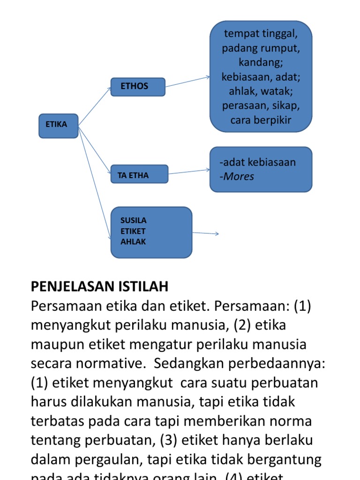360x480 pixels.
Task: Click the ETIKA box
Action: [58, 125]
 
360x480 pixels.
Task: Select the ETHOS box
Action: [138, 87]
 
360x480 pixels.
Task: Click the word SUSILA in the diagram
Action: [134, 220]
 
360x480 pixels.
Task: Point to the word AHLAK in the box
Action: [134, 242]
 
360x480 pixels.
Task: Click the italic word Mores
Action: [239, 176]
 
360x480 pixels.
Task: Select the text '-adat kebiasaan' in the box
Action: [257, 163]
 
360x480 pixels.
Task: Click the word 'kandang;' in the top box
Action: [261, 62]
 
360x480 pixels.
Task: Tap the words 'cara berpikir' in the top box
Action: [261, 120]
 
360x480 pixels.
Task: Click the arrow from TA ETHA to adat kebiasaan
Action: [189, 172]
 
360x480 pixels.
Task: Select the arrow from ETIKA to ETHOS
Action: [95, 106]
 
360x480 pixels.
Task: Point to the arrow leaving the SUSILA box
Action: [205, 233]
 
